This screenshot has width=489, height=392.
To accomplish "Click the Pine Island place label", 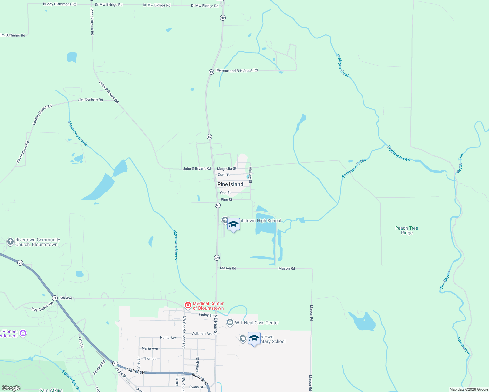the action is click(x=230, y=184).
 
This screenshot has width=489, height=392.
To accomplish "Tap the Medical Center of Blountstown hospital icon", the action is click(x=188, y=306).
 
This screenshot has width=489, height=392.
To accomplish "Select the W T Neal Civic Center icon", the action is click(x=230, y=323).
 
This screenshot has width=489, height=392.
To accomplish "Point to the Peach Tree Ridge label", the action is click(x=407, y=230).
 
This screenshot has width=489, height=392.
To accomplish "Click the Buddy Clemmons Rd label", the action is click(x=60, y=4).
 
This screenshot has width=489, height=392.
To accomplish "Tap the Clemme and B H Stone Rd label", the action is click(x=236, y=70).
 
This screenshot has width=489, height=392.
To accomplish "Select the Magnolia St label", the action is click(x=227, y=169).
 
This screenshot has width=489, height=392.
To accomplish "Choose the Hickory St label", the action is click(x=250, y=175).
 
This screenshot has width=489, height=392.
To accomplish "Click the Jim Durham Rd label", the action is click(x=91, y=100).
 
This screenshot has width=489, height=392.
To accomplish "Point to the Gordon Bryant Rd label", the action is click(x=42, y=115).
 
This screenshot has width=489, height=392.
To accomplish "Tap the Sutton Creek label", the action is click(x=71, y=380).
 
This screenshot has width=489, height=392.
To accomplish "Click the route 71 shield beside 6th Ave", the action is click(x=55, y=298).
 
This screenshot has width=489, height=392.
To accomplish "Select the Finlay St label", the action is click(x=206, y=315).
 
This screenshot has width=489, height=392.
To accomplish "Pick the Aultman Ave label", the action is click(x=202, y=334).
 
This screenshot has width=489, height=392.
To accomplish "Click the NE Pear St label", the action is click(x=215, y=324).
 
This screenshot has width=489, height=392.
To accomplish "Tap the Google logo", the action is click(x=11, y=388).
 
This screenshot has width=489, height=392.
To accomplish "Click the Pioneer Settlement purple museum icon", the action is click(x=23, y=334).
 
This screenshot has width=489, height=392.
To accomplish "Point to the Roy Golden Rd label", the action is click(x=42, y=307).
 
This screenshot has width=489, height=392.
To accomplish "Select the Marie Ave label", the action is click(x=150, y=348).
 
